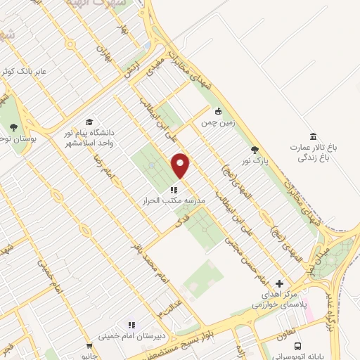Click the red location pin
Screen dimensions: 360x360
[x=181, y=165]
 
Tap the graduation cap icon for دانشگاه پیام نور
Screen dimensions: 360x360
[x=89, y=122]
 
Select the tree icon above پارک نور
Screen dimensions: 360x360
[x=255, y=150]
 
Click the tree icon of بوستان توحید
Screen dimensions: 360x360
[x=13, y=127]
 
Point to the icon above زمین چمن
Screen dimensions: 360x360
[x=218, y=110]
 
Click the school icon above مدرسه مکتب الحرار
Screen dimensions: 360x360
[x=172, y=188]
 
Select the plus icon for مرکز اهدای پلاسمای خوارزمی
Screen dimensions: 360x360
[x=279, y=283]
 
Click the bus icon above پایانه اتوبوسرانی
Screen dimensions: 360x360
[x=299, y=346]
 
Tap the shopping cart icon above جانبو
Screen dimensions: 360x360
[x=89, y=346]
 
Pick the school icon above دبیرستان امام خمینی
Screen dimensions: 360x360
[x=131, y=325]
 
